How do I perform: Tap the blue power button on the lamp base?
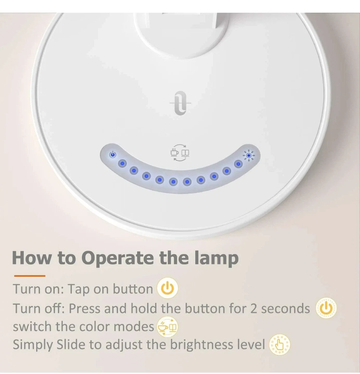[x=112, y=155]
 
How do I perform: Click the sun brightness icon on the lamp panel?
[x=249, y=156]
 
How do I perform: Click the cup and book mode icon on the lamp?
[x=179, y=153]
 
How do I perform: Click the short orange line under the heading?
[x=29, y=276]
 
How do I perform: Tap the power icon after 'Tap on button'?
[x=168, y=289]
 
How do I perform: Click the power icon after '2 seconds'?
[x=326, y=308]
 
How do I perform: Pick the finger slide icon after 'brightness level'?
[x=279, y=345]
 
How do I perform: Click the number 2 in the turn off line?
[x=254, y=309]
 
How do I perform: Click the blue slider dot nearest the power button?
[x=122, y=164]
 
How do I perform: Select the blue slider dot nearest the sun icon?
[x=238, y=164]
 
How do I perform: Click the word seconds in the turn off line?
[x=285, y=309]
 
